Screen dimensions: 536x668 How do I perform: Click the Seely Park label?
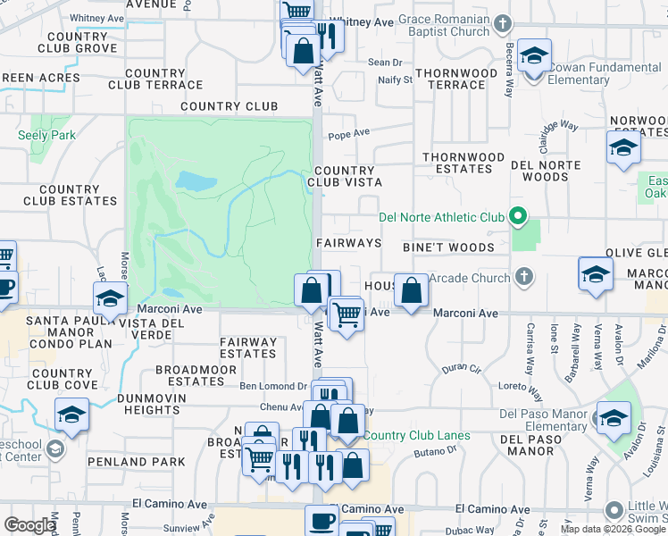pyautogui.click(x=46, y=135)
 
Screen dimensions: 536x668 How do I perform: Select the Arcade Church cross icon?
pyautogui.click(x=524, y=278)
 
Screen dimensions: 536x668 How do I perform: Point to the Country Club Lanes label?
pyautogui.click(x=416, y=436)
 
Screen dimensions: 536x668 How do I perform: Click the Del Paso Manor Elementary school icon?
pyautogui.click(x=614, y=418)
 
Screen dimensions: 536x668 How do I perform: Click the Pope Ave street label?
pyautogui.click(x=348, y=134)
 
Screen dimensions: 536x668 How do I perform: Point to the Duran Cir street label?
pyautogui.click(x=462, y=368)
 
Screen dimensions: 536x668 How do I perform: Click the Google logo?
pyautogui.click(x=29, y=525)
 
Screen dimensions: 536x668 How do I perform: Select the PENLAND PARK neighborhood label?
pyautogui.click(x=149, y=462)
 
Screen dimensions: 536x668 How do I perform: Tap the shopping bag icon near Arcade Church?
pyautogui.click(x=411, y=290)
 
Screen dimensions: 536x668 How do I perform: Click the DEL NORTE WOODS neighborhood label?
pyautogui.click(x=545, y=171)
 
